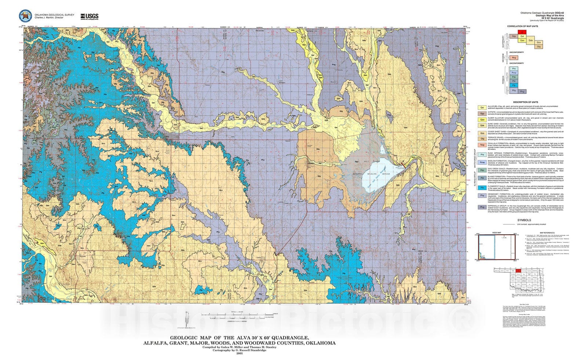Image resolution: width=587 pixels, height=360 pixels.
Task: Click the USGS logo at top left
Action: click(89, 16)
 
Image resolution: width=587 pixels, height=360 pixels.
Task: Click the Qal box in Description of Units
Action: click(482, 107)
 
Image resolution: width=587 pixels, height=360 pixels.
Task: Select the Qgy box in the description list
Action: click(482, 114)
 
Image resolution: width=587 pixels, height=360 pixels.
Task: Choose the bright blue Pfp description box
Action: click(482, 188)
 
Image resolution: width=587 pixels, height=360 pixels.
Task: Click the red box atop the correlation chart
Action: click(522, 32)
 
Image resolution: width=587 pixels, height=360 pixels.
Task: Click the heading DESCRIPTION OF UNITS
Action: click(525, 102)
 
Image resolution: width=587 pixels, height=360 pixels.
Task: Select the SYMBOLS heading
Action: click(524, 220)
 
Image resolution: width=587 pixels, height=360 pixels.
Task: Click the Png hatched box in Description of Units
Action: click(482, 207)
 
